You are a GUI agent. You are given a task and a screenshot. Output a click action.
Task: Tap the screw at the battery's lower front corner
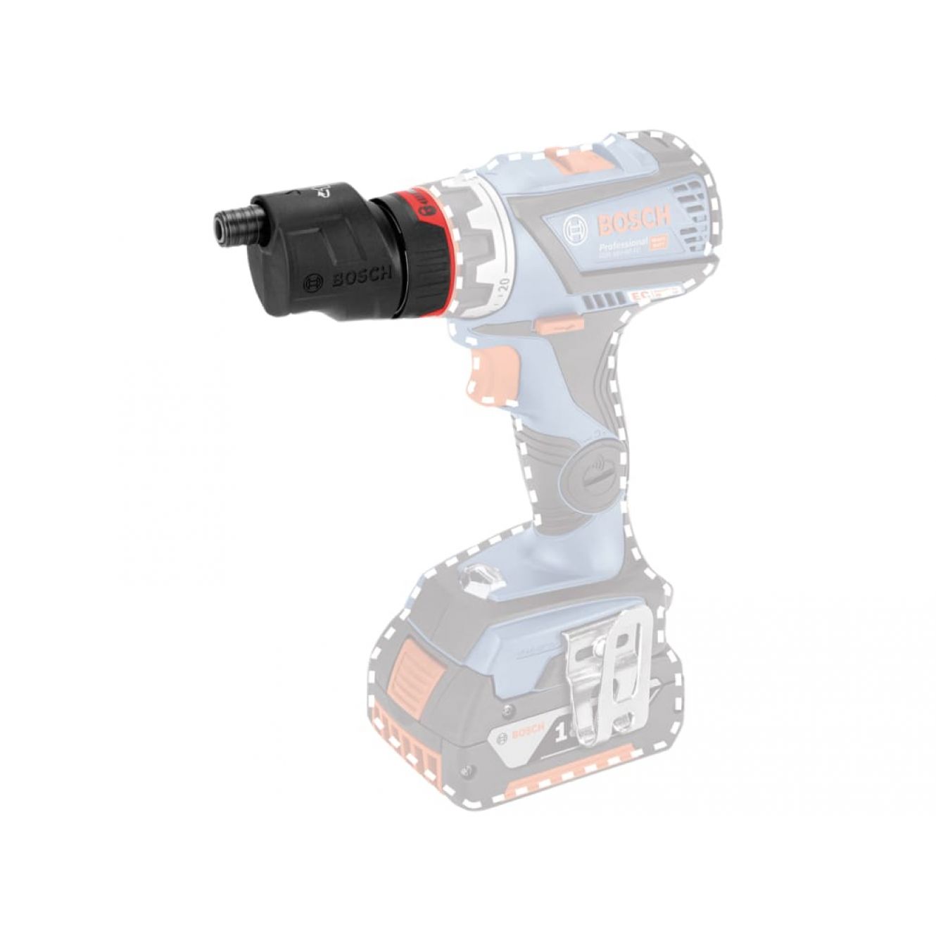pyautogui.click(x=464, y=773)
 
